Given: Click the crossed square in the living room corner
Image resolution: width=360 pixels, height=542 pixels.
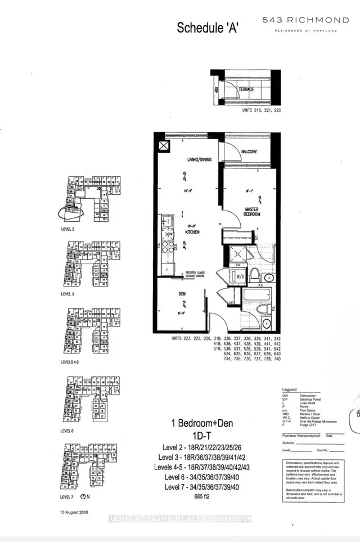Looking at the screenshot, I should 164,146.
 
